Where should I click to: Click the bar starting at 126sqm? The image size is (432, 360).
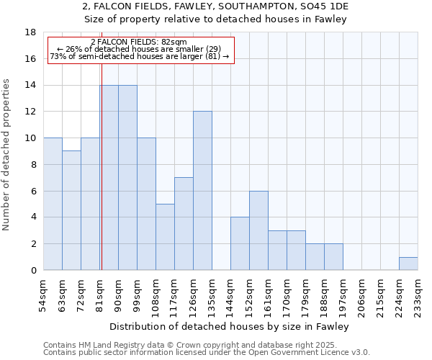click(x=202, y=191)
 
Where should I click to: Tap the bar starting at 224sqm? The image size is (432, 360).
click(x=408, y=264)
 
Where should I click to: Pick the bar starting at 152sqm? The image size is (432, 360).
click(x=258, y=230)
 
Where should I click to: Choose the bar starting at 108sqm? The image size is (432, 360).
click(x=165, y=237)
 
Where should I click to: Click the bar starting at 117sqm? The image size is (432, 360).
click(x=184, y=224)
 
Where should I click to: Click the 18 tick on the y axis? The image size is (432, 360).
click(x=31, y=32)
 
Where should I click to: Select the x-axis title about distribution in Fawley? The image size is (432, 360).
click(x=230, y=327)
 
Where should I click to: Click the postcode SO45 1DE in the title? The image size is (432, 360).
click(x=325, y=7)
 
